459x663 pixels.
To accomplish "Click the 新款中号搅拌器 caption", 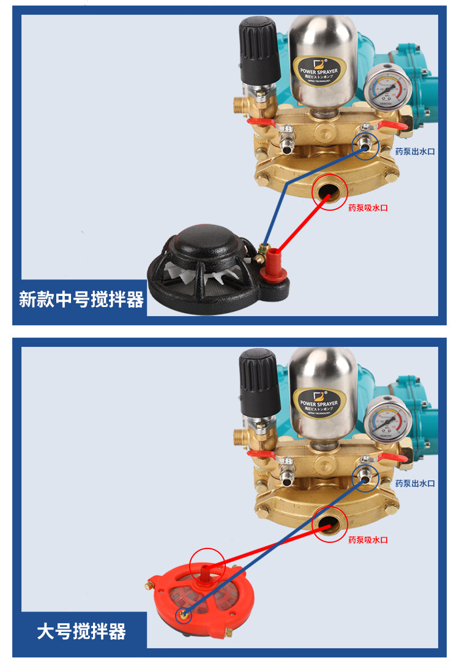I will click(x=81, y=300).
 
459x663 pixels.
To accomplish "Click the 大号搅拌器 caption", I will click(x=81, y=631).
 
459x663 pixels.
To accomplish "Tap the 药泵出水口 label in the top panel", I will click(x=414, y=151).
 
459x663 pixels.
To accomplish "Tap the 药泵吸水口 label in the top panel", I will click(x=368, y=208).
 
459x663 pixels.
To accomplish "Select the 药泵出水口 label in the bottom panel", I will click(x=414, y=483).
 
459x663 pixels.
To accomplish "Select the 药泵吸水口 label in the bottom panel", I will click(x=368, y=540).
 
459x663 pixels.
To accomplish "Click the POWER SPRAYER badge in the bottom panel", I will click(x=318, y=403).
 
